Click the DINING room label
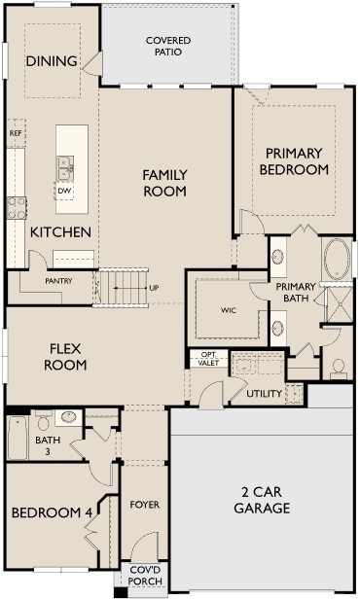52,61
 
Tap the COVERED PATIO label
168,46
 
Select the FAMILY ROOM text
164,183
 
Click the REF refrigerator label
16,132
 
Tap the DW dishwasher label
65,191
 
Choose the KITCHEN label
60,232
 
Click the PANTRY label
59,281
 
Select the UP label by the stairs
154,288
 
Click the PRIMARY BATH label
295,293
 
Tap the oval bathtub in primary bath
339,260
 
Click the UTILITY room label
264,394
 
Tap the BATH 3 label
48,445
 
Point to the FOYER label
145,505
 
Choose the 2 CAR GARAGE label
263,500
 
